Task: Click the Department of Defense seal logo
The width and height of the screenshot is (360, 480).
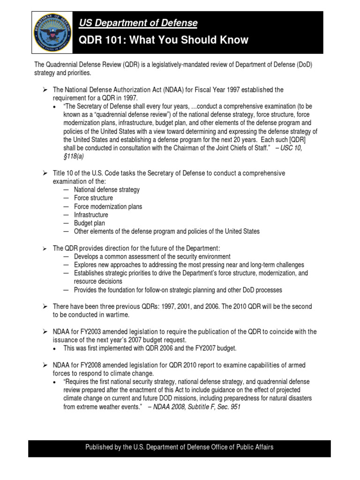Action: [52, 32]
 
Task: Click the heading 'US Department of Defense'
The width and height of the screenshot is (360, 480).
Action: [138, 23]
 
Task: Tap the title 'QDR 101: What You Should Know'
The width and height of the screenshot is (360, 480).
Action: [163, 40]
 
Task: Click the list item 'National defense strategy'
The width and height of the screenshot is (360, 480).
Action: [107, 190]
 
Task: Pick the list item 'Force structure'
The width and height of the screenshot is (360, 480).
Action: [93, 198]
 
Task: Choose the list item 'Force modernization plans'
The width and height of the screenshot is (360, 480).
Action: [108, 207]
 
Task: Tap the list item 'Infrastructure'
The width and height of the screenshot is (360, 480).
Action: [91, 215]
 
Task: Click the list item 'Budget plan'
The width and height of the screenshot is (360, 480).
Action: [90, 223]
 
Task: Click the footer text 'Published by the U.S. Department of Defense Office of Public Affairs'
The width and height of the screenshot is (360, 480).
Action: [180, 447]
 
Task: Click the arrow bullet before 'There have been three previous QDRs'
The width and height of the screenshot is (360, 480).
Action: [45, 307]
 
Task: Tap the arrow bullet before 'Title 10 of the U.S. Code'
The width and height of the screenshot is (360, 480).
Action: [45, 173]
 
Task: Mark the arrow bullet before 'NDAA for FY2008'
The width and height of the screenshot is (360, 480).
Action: [45, 365]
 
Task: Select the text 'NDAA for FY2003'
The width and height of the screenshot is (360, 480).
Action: [77, 332]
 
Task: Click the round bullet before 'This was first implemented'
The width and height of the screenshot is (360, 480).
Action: [56, 349]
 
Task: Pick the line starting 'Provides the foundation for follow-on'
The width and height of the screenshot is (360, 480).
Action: [178, 290]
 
